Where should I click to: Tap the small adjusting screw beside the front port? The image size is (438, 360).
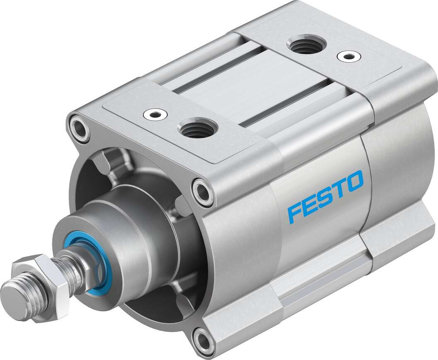tap(151, 114)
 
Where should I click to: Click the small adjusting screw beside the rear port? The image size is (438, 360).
tap(348, 56)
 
